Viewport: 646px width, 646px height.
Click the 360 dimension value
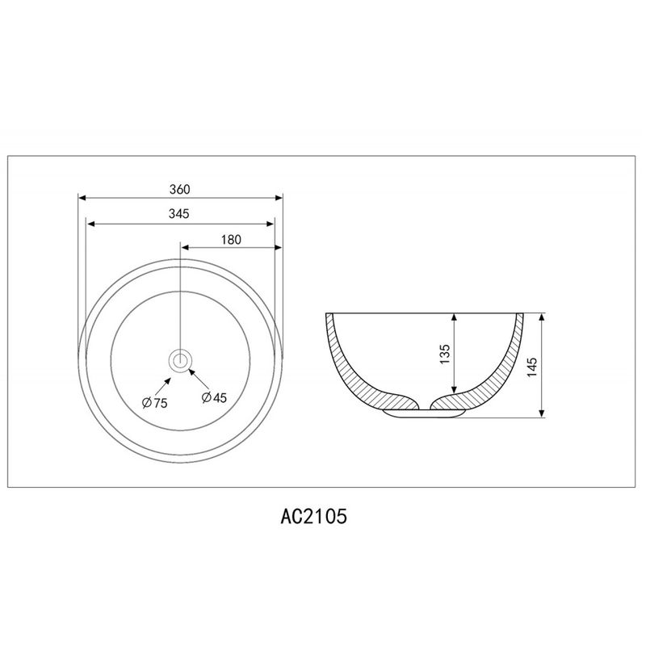pos(180,189)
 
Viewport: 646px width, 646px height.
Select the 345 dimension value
pos(179,213)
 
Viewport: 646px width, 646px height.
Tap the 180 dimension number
pos(231,240)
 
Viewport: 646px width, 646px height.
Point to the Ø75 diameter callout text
pos(155,402)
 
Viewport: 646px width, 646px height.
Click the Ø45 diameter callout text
pos(214,397)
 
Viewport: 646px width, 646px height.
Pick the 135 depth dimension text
pos(445,354)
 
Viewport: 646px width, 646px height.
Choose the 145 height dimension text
pos(532,367)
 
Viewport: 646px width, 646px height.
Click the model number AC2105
pos(314,516)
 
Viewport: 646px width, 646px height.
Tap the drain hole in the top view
pos(180,360)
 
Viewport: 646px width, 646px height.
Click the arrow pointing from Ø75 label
pos(163,387)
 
